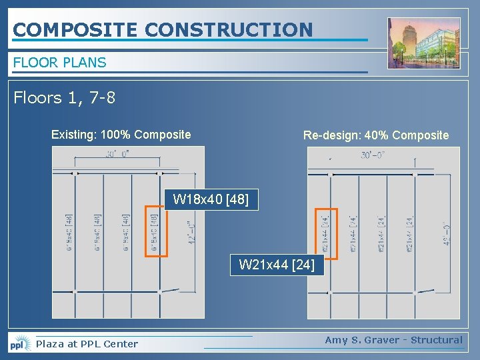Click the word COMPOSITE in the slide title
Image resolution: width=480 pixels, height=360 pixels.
(x=75, y=29)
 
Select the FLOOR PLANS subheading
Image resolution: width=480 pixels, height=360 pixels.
(x=59, y=63)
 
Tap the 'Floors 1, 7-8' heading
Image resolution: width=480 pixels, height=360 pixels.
(x=64, y=98)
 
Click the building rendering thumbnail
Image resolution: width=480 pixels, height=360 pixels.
(x=423, y=43)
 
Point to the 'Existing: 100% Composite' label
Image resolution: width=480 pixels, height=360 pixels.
(x=121, y=135)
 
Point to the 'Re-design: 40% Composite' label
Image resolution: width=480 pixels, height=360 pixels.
(x=376, y=135)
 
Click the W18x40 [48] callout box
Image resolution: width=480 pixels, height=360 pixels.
(x=211, y=199)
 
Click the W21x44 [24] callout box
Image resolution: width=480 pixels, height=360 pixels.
(x=277, y=265)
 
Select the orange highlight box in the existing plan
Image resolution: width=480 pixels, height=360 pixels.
(x=156, y=231)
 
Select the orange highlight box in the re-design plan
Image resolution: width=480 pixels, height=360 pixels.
(x=326, y=231)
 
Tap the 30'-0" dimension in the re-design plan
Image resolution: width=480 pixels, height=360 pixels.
(x=374, y=155)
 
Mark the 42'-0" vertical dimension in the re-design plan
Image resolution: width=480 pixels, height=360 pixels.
(x=445, y=234)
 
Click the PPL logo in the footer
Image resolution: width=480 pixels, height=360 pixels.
(x=20, y=344)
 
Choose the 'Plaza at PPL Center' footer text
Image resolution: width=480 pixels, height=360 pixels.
(x=87, y=344)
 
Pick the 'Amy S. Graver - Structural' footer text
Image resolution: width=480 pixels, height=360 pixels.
(x=393, y=340)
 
